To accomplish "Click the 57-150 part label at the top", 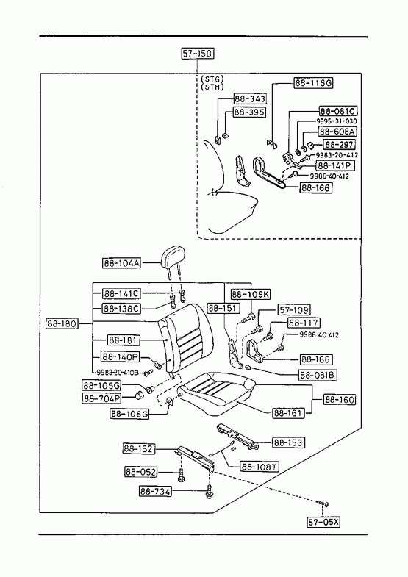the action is click(x=198, y=54).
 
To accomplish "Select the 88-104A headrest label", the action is click(x=121, y=263).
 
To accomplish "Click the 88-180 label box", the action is click(x=62, y=324).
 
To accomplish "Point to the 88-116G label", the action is click(x=313, y=83).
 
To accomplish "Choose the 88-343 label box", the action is click(x=250, y=98).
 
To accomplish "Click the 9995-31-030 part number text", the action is click(x=337, y=121).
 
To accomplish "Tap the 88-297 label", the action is click(x=339, y=144).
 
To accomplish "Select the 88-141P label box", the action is click(x=334, y=166).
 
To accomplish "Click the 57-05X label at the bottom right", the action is click(x=323, y=522).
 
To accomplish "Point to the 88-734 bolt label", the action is click(x=155, y=491).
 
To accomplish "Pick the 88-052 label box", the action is click(x=141, y=472).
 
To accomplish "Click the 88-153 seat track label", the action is click(x=288, y=442).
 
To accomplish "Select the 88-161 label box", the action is click(x=289, y=413).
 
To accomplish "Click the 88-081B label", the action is click(x=318, y=375).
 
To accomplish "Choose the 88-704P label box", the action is click(x=102, y=398).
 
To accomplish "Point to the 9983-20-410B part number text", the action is click(x=118, y=373).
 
